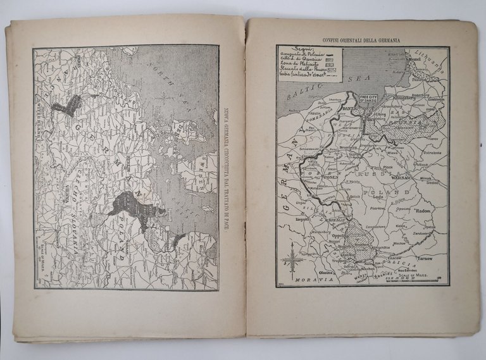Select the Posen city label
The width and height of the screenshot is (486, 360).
(x=330, y=178)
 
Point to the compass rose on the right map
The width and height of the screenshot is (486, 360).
(x=292, y=259)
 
